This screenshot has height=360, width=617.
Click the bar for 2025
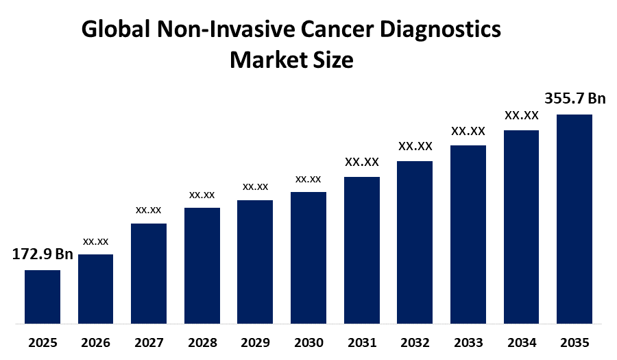pos(43,296)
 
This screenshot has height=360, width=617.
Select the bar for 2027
pos(149,273)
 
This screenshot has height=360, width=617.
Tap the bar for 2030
pos(308,257)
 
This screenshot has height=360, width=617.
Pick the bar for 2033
pos(468,234)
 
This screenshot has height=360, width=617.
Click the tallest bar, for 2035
pos(574,218)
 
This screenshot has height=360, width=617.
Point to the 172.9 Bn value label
pos(43,254)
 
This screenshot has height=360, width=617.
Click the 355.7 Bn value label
pos(574,99)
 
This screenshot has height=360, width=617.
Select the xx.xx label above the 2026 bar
pos(96,241)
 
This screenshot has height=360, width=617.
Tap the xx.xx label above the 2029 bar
pos(255,187)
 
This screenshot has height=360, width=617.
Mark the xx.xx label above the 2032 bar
pos(415,146)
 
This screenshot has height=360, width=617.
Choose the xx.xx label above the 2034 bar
pos(522,115)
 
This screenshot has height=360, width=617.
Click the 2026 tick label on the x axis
pos(96,342)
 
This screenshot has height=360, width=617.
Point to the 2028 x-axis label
pos(202,342)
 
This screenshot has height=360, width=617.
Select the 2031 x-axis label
pos(362,342)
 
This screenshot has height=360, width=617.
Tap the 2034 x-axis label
pos(522,342)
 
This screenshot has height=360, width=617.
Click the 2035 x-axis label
pos(574,342)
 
